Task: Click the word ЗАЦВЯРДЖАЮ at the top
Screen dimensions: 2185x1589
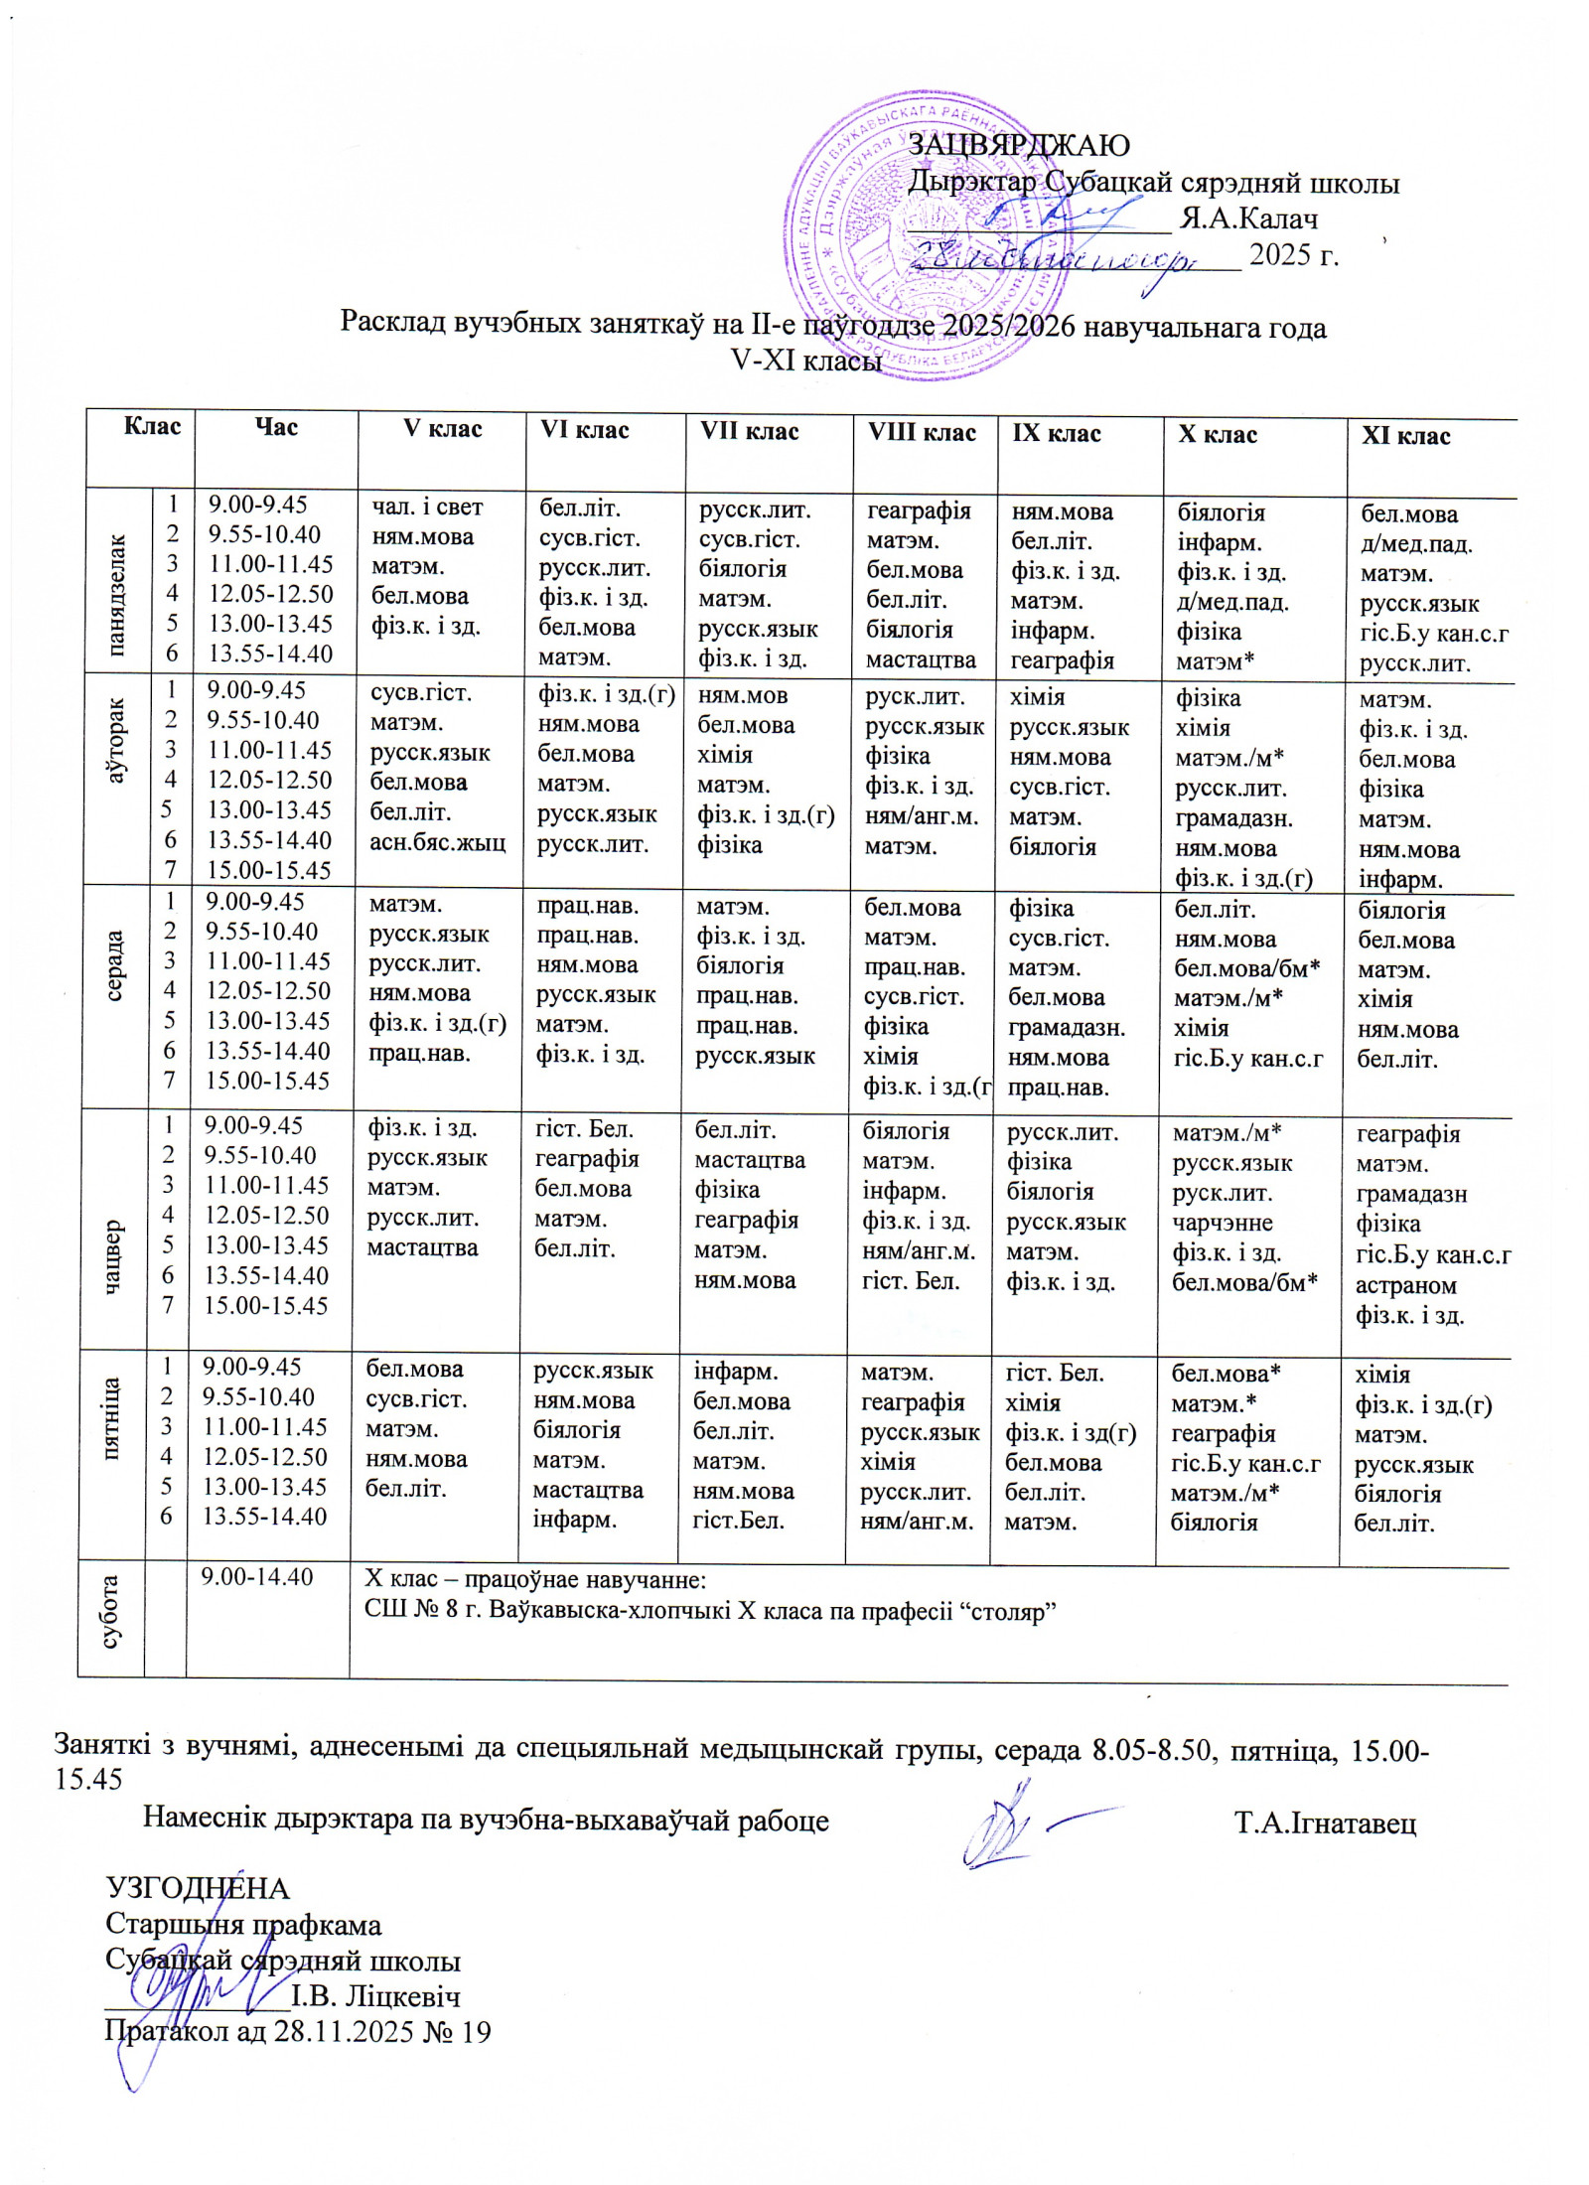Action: coord(1019,145)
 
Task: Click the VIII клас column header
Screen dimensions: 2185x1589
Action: coord(922,433)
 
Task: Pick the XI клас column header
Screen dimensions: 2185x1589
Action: coord(1405,436)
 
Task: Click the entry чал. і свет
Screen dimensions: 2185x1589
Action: coord(427,508)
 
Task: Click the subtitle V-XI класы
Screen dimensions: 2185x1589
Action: coord(805,362)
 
